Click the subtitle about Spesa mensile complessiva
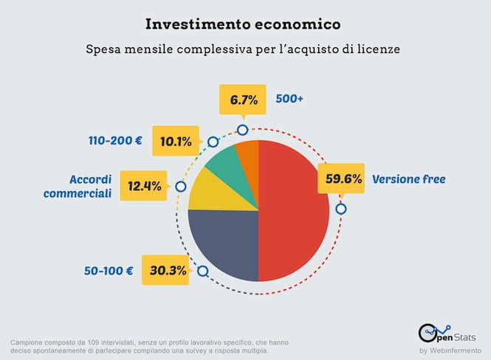244,50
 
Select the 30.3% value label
168,270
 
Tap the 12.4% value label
145,186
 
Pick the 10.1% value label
176,140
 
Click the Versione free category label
409,179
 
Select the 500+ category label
289,97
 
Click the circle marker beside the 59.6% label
340,209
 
